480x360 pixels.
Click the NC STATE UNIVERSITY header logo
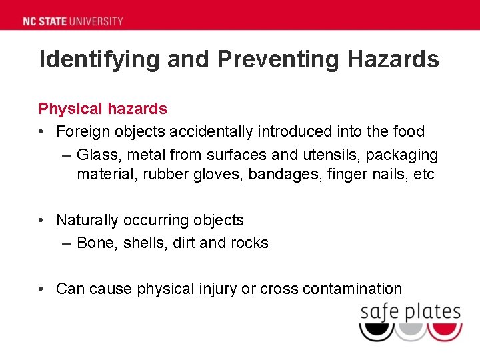tap(73, 21)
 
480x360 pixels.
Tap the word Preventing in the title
tap(273, 59)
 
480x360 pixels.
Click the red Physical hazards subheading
tap(103, 108)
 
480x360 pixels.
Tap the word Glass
tap(97, 155)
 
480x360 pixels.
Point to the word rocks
tap(249, 243)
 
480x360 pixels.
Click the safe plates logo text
tap(410, 311)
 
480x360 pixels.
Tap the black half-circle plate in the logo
tap(377, 331)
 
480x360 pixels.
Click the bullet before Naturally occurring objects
tap(42, 220)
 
